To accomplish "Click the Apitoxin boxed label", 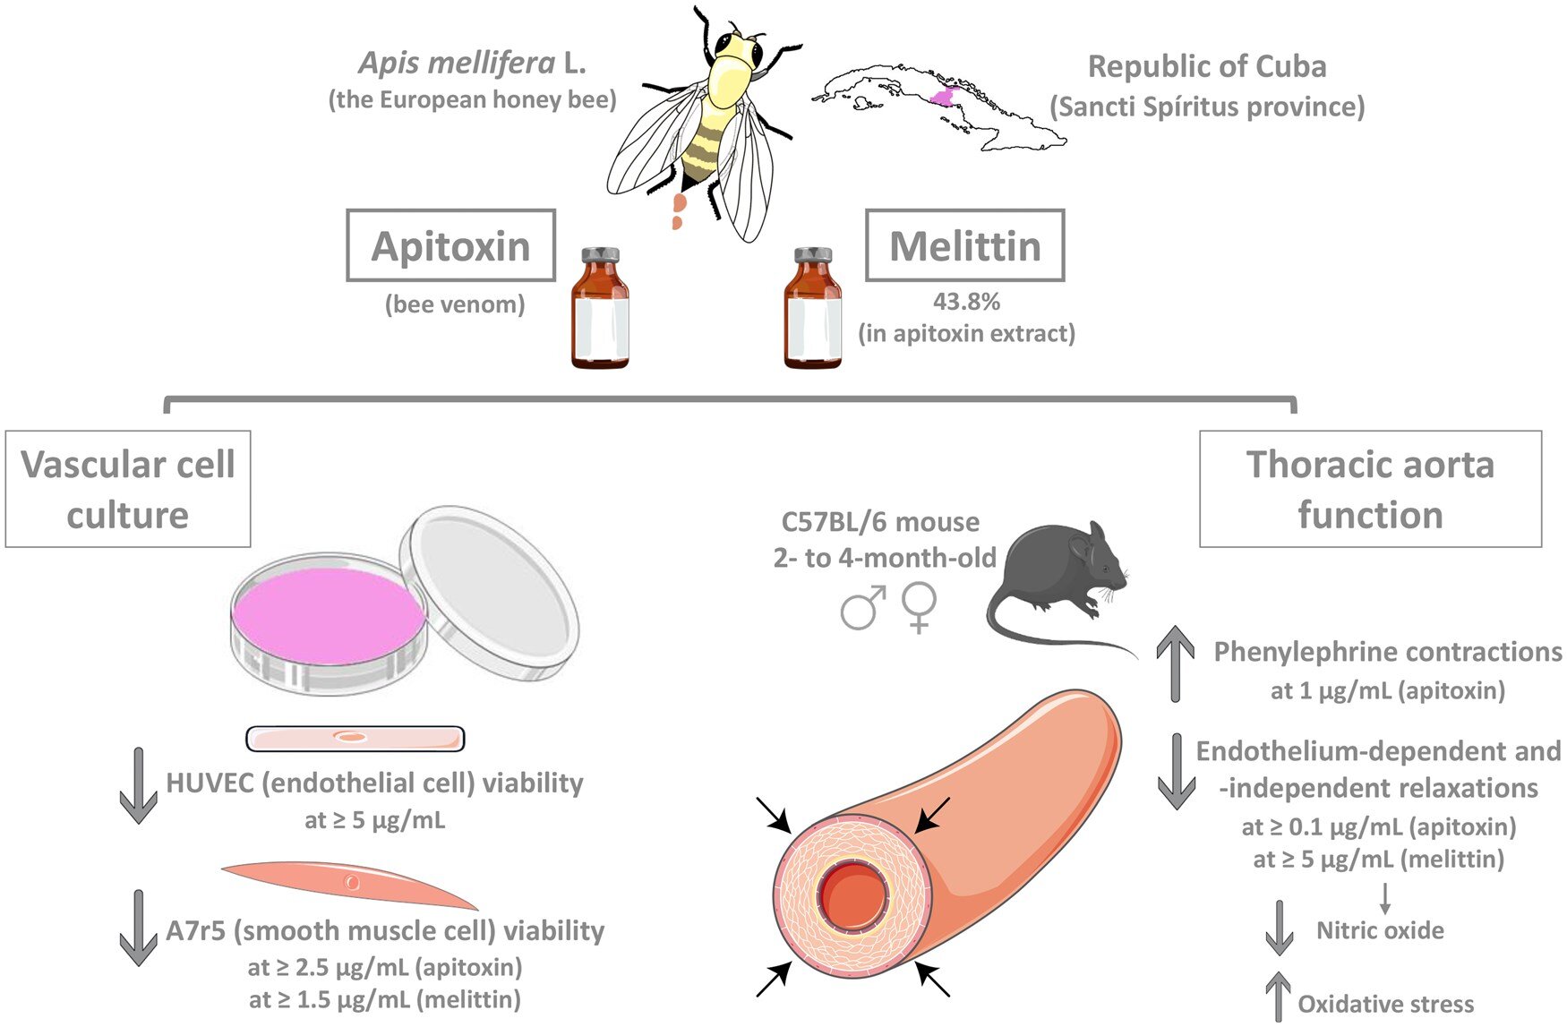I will [x=450, y=246].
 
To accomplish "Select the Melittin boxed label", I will [x=964, y=246].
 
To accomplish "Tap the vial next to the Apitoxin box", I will [x=600, y=309].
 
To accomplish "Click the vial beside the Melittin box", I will [x=813, y=309].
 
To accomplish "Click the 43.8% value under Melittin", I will [x=966, y=302].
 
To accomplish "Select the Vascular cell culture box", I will [x=128, y=489].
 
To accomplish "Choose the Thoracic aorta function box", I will [x=1370, y=489].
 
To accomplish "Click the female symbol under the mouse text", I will [x=920, y=608].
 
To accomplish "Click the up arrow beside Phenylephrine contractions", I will [x=1176, y=663].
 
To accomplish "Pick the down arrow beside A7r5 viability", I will [x=138, y=928].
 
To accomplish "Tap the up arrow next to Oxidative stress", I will [x=1278, y=997].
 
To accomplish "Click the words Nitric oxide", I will [x=1380, y=930].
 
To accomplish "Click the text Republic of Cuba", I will [x=1206, y=66].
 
